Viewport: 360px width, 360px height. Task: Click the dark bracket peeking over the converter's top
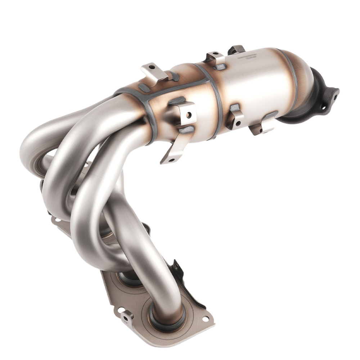(237, 49)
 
